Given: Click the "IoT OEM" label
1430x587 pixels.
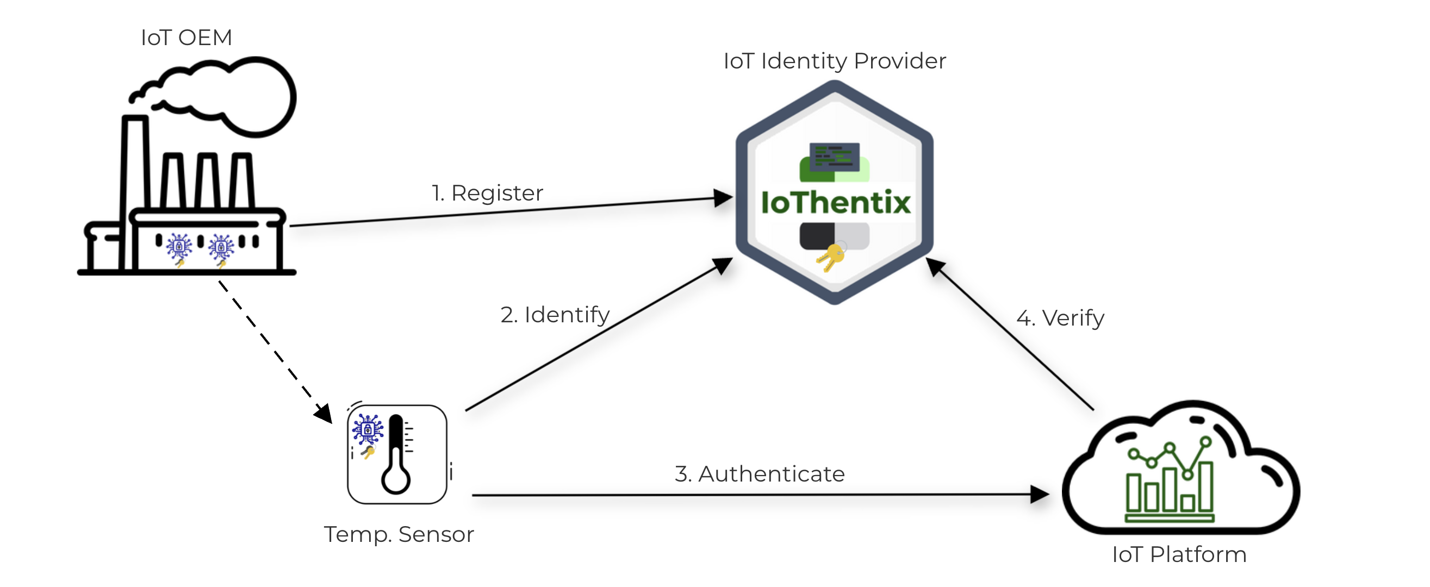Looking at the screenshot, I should (x=186, y=38).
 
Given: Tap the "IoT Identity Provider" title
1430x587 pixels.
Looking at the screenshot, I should (x=835, y=61).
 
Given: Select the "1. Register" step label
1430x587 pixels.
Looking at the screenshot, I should (x=487, y=193).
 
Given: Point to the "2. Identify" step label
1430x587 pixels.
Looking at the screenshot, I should (x=555, y=315).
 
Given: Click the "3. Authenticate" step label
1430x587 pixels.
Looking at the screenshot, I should (x=760, y=474).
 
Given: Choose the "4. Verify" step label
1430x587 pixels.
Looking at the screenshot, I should (x=1060, y=318).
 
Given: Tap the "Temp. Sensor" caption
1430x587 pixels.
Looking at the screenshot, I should (x=399, y=534).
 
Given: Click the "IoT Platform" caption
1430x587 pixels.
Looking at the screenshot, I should (x=1180, y=554).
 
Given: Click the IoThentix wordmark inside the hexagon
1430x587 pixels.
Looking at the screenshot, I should (x=836, y=202).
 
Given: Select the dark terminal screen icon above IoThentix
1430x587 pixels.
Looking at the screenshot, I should (x=835, y=157).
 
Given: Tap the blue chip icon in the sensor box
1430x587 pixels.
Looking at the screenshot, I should (x=368, y=429).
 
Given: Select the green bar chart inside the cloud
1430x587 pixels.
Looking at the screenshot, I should (x=1169, y=488).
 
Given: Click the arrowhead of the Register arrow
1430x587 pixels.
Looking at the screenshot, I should (x=723, y=197).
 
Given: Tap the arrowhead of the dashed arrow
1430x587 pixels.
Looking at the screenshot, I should (x=324, y=413).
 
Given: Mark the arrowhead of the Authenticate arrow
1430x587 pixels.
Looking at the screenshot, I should (x=1039, y=494).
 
